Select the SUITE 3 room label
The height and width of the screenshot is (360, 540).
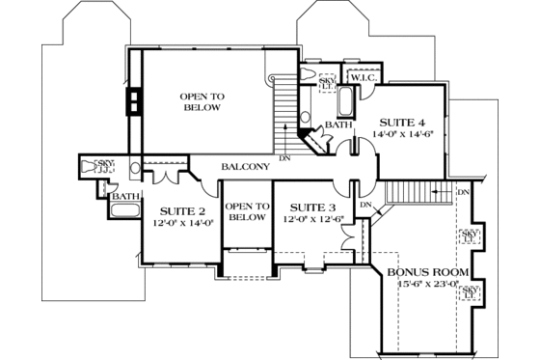pos(312,208)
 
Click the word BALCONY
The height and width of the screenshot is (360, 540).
pos(245,167)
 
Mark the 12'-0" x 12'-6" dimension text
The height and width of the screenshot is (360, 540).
pos(312,220)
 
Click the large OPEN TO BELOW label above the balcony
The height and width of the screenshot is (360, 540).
pos(202,101)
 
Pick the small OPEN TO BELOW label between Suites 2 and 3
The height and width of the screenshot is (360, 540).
pos(247,211)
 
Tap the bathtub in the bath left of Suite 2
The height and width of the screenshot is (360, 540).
pos(126,209)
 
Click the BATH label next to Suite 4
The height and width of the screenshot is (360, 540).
pos(337,125)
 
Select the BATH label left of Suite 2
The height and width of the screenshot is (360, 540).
pos(125,196)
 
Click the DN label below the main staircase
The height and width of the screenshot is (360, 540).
pos(284,157)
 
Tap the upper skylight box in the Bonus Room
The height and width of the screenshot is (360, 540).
pos(472,236)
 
